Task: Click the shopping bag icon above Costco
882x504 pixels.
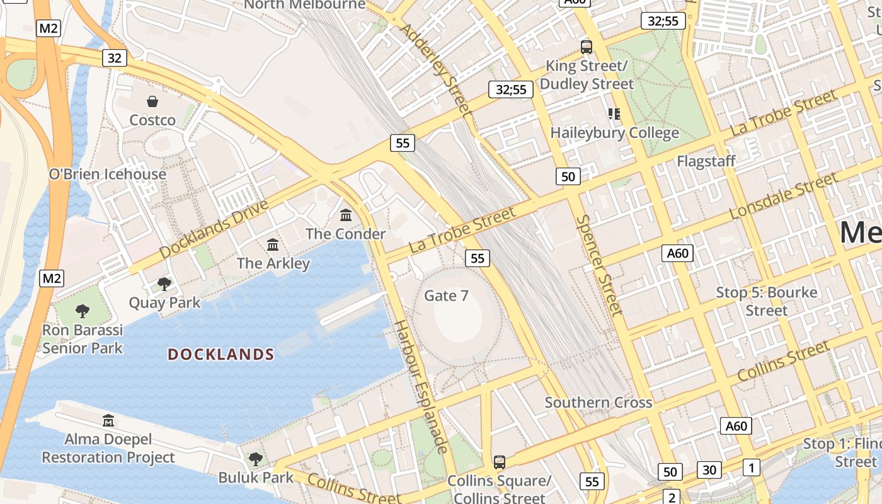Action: pyautogui.click(x=152, y=101)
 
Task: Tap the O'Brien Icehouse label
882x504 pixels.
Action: pyautogui.click(x=108, y=174)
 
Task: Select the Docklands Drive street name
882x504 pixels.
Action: pyautogui.click(x=214, y=229)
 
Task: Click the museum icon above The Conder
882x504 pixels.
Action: pyautogui.click(x=346, y=215)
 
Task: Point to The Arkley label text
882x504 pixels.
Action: pyautogui.click(x=273, y=263)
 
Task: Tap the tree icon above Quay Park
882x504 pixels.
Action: pyautogui.click(x=164, y=284)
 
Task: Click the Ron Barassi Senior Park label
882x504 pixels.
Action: pyautogui.click(x=83, y=339)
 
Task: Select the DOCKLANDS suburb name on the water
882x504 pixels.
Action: pyautogui.click(x=221, y=354)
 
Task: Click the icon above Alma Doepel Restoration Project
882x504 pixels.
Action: pyautogui.click(x=108, y=420)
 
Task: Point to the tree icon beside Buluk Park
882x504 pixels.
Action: pyautogui.click(x=255, y=459)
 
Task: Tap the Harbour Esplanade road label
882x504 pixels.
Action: pyautogui.click(x=420, y=386)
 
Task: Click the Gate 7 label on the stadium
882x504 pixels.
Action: pyautogui.click(x=446, y=295)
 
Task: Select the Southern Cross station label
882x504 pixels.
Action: pyautogui.click(x=598, y=402)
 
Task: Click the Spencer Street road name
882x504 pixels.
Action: pyautogui.click(x=599, y=265)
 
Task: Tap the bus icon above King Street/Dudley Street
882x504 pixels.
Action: pyautogui.click(x=587, y=47)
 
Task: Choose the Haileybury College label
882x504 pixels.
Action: pyautogui.click(x=614, y=133)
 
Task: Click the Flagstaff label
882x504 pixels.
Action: pyautogui.click(x=706, y=161)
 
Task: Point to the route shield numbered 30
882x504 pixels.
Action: pyautogui.click(x=709, y=469)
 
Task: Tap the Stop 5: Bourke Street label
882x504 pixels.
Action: pyautogui.click(x=767, y=301)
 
